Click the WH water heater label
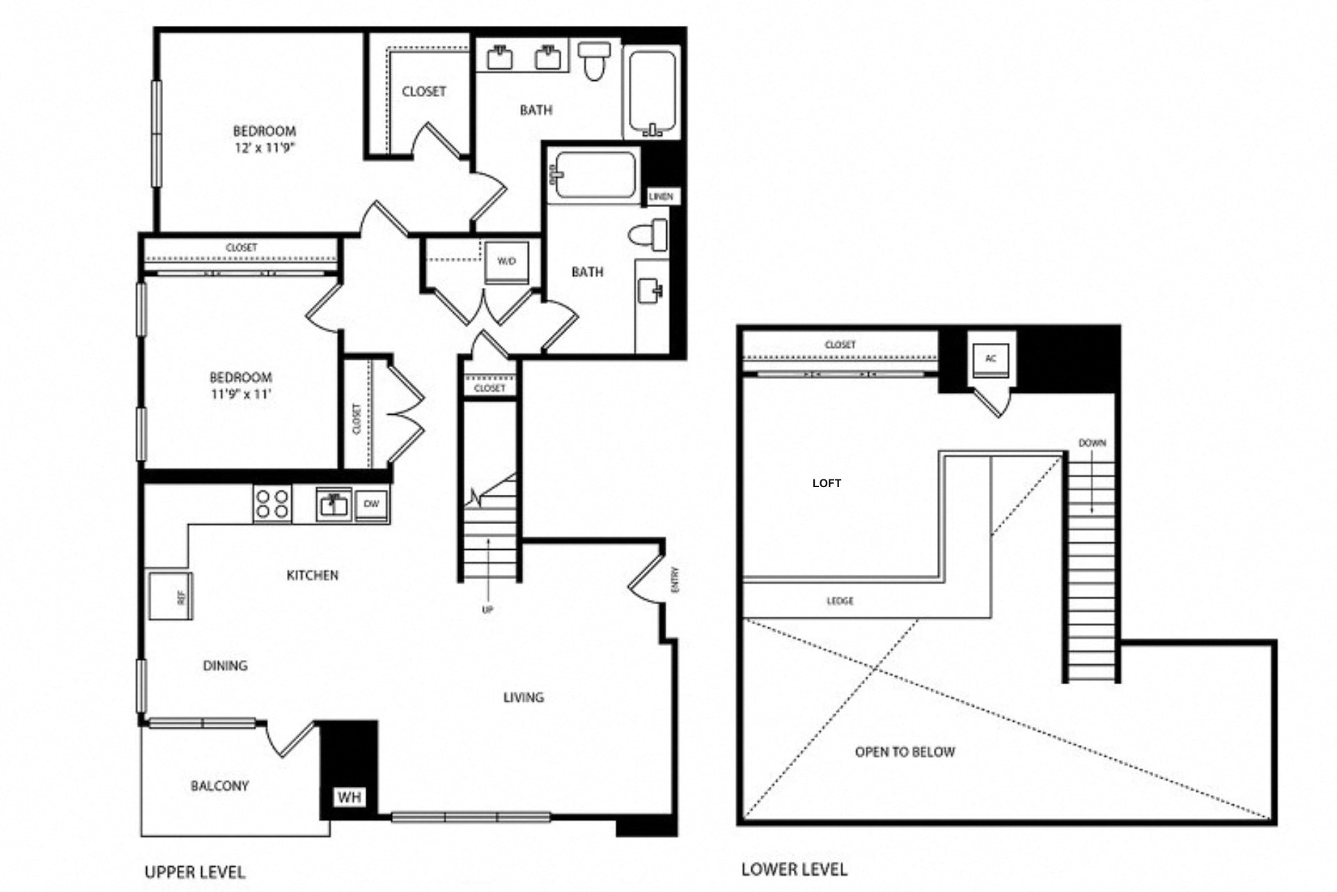point(350,797)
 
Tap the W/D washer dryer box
point(507,262)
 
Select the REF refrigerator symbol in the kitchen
point(171,596)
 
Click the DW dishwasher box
point(372,504)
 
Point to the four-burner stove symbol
point(272,504)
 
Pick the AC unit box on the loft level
point(991,359)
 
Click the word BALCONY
point(219,786)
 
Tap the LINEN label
point(661,197)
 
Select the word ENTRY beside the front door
point(675,580)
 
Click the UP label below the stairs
point(487,610)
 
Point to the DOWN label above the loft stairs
point(1092,443)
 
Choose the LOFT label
point(827,483)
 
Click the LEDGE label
point(840,601)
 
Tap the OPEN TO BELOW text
point(905,752)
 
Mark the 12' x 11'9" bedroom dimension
point(265,148)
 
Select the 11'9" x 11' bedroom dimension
point(241,394)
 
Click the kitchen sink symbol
point(334,504)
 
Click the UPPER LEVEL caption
point(195,872)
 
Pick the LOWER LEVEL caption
point(795,869)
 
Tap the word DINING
point(225,666)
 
